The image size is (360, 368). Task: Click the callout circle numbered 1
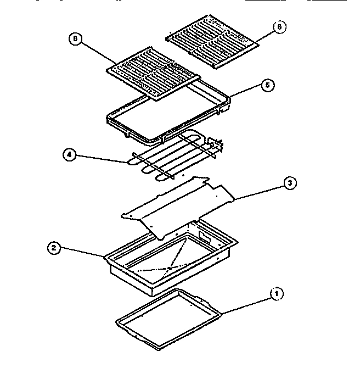point(277,294)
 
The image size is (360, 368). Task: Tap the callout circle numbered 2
point(54,248)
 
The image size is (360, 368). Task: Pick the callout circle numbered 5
point(268,85)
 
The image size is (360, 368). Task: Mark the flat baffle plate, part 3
point(176,203)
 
